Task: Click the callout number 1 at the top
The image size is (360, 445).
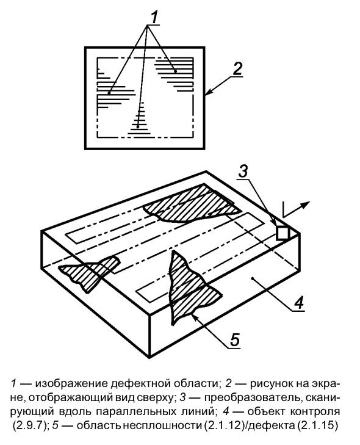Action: tap(154, 17)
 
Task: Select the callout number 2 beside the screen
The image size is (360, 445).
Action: tap(237, 69)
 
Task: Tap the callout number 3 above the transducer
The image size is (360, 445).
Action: tap(243, 172)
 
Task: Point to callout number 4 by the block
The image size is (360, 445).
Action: tap(298, 303)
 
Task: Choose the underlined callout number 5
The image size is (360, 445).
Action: tap(235, 339)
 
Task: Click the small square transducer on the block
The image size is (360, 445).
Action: tap(283, 233)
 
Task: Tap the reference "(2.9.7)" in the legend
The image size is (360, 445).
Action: tap(28, 425)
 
